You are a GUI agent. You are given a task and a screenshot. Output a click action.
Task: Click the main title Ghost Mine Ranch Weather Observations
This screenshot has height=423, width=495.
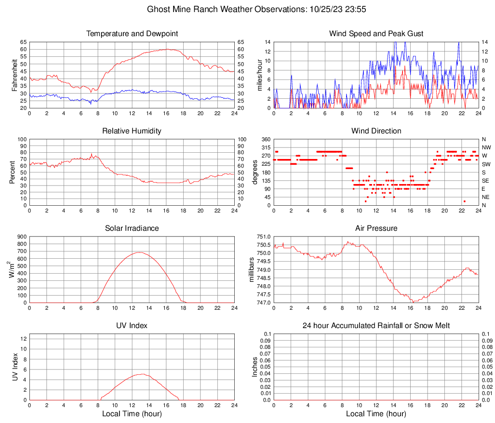[248, 9]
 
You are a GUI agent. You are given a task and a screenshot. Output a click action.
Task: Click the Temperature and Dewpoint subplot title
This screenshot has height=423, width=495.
[132, 34]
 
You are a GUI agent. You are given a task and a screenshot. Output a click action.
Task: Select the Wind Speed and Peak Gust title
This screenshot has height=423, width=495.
[376, 34]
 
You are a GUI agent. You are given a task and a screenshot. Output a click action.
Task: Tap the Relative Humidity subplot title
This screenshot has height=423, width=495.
[132, 131]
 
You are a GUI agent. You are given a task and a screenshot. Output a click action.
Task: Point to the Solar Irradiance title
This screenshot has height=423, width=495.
[132, 228]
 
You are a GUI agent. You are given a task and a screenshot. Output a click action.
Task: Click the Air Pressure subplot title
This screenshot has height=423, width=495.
[376, 228]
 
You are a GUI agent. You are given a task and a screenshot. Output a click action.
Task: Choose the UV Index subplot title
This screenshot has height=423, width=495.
[132, 326]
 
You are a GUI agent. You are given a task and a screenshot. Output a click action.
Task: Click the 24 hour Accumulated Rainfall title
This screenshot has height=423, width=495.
[376, 326]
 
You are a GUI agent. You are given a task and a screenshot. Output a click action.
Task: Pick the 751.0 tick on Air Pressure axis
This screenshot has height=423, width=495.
[263, 237]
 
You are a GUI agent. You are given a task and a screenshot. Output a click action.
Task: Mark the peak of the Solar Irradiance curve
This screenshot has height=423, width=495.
[139, 252]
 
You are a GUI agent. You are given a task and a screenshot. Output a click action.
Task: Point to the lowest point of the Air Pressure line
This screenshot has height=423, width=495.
[414, 302]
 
